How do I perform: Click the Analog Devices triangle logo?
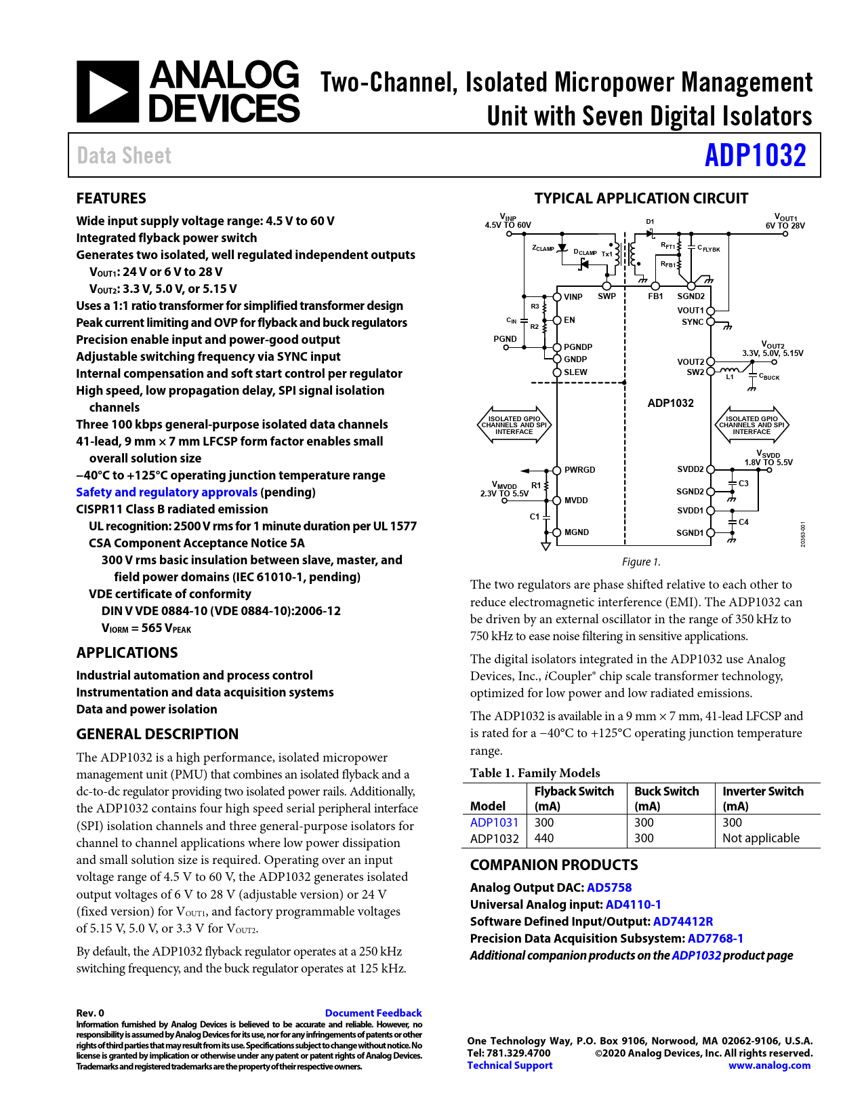click(108, 92)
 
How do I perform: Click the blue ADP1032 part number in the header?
click(755, 155)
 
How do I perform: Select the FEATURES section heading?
click(111, 198)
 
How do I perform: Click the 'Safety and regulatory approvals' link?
click(167, 492)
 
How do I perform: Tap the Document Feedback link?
click(373, 1013)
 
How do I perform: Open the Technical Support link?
click(510, 1065)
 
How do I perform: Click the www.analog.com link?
click(769, 1065)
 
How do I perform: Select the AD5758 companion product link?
click(609, 887)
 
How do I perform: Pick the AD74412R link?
click(683, 921)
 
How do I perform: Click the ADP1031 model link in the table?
click(494, 822)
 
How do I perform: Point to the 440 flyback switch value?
click(544, 838)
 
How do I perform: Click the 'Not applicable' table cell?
click(761, 838)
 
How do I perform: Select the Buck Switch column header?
click(666, 791)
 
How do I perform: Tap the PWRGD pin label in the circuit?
click(579, 470)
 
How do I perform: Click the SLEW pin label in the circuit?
click(575, 372)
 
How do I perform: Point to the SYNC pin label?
click(693, 322)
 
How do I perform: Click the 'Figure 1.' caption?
click(641, 562)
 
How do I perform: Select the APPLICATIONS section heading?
click(127, 652)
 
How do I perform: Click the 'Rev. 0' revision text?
click(90, 1013)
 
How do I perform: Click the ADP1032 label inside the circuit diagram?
click(670, 403)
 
